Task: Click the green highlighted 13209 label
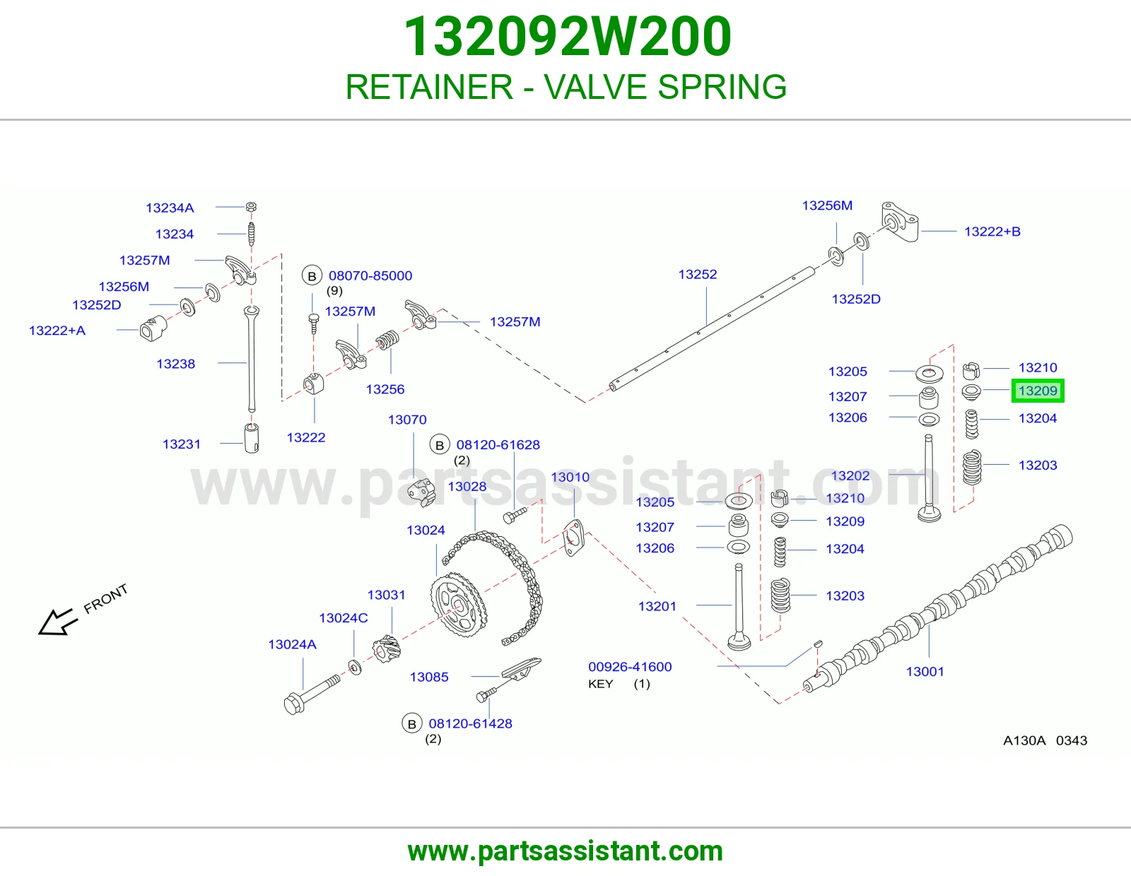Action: click(x=1037, y=391)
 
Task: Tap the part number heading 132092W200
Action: click(x=568, y=37)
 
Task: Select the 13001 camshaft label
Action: click(x=925, y=672)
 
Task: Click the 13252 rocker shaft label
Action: click(x=698, y=274)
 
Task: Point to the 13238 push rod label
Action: click(x=176, y=364)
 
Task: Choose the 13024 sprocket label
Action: click(x=426, y=530)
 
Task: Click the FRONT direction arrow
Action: click(x=57, y=622)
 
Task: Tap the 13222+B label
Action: click(x=992, y=232)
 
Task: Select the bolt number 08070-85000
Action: click(x=370, y=276)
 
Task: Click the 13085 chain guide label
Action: click(x=429, y=677)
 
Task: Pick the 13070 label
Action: click(x=407, y=419)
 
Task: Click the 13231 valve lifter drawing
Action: click(x=252, y=439)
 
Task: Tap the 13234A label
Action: click(x=170, y=208)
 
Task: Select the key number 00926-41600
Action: click(x=630, y=666)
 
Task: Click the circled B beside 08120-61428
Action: click(x=411, y=723)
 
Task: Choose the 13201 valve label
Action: click(x=657, y=606)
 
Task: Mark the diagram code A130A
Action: click(x=1024, y=740)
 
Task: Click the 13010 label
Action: click(x=570, y=477)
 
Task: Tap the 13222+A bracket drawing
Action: click(x=153, y=328)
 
